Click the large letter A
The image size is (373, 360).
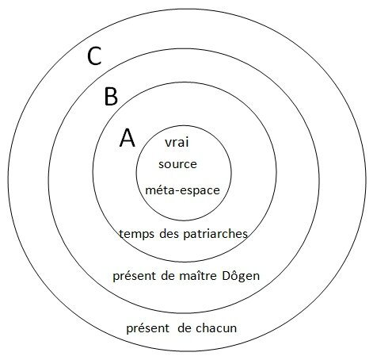point(128,138)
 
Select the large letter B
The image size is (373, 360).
point(111,97)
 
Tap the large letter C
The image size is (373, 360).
point(94,56)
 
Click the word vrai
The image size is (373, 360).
point(177,142)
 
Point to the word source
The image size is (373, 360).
point(177,164)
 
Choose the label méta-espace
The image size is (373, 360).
point(182,190)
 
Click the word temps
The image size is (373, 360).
point(136,234)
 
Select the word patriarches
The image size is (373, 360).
point(215,233)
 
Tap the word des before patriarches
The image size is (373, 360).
point(169,233)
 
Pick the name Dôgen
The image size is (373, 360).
point(241,277)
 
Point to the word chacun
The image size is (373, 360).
point(216,328)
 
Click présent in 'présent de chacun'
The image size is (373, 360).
point(148,329)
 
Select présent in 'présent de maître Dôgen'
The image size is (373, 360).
point(134,277)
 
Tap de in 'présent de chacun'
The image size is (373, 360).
point(185,328)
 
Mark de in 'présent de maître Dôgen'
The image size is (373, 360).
point(168,276)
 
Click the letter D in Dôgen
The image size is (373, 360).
point(226,276)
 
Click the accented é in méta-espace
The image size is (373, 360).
point(161,190)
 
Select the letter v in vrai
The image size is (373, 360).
point(169,144)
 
